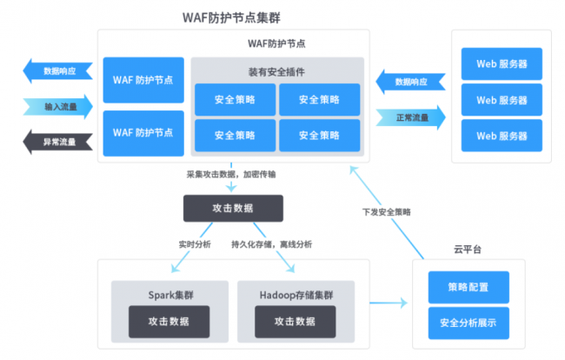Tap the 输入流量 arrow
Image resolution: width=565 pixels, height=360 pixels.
click(56, 107)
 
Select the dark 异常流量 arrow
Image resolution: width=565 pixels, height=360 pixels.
click(56, 140)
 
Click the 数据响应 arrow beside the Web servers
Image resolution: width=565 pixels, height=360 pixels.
click(409, 82)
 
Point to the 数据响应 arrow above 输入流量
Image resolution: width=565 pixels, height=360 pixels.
click(56, 71)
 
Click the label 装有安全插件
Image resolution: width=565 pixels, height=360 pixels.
click(276, 70)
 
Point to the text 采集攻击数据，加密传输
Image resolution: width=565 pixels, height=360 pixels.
click(232, 174)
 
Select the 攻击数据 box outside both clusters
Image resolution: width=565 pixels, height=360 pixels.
click(232, 208)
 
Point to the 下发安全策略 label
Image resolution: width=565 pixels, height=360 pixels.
click(387, 211)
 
